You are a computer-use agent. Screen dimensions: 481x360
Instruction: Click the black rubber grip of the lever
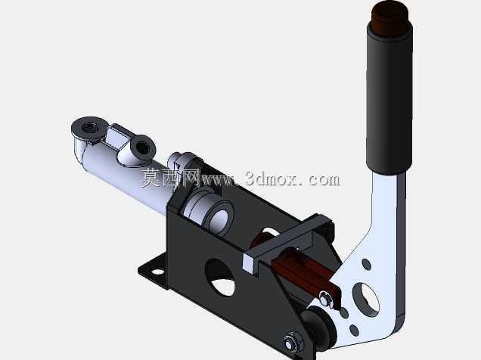(389, 101)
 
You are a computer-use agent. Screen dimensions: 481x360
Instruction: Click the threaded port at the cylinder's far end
(89, 126)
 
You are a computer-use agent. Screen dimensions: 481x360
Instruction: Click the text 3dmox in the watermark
(271, 179)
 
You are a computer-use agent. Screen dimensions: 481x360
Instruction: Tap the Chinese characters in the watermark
(170, 178)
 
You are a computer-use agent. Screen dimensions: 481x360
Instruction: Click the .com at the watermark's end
(321, 180)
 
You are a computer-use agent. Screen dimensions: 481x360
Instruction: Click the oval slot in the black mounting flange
(157, 272)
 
